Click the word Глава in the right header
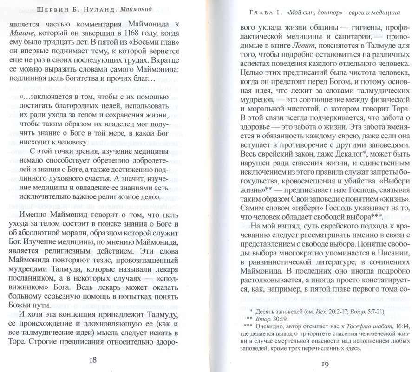pos(257,10)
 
